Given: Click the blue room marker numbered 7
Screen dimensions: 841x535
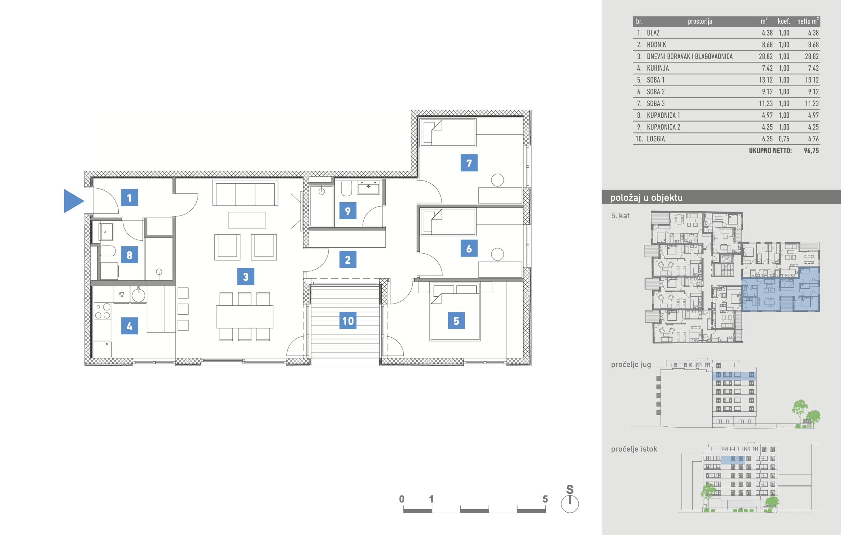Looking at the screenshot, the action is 469,163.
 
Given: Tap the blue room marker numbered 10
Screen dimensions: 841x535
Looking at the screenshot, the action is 348,321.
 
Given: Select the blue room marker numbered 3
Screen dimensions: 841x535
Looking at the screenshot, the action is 246,277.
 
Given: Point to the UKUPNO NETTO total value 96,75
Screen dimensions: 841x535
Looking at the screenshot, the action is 811,151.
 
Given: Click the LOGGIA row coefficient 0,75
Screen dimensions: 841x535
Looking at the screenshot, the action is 784,139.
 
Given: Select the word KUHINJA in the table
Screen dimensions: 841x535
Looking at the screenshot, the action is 658,68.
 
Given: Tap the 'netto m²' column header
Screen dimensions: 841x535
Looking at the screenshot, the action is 808,21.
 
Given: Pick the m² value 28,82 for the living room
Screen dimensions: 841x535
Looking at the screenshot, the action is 766,56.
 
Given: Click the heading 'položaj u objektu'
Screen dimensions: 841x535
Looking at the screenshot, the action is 646,197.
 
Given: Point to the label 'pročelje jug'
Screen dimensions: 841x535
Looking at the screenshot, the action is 631,365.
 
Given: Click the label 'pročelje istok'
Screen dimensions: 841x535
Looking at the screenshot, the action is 634,449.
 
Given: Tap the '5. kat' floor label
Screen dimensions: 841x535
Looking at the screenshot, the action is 620,215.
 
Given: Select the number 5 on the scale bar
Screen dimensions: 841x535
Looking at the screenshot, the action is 545,499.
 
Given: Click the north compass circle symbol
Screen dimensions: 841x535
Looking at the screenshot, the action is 570,504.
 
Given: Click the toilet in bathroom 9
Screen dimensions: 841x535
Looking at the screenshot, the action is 347,188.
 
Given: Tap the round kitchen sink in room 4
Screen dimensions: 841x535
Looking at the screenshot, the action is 138,295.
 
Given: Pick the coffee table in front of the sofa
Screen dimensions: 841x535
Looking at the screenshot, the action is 247,220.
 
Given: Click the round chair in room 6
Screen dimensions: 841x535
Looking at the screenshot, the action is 497,254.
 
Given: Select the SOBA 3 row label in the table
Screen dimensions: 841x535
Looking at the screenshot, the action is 656,103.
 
